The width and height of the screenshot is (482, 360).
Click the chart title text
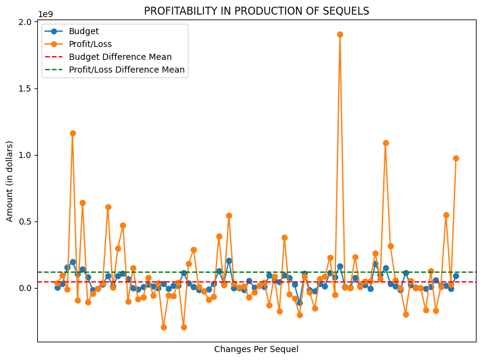coord(256,11)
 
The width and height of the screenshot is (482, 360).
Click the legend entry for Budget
coord(84,32)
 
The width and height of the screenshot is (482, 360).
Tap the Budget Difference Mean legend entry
coord(120,57)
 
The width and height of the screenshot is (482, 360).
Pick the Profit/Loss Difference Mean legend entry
coord(126,70)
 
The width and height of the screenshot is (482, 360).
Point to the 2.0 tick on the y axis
coord(24,22)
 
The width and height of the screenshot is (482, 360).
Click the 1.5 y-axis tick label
coord(24,88)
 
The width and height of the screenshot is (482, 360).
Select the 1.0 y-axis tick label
coord(24,155)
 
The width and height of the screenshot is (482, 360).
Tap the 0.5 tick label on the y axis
coord(24,221)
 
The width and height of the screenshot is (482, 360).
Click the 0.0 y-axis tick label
coord(24,288)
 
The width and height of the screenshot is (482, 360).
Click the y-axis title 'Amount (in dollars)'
coord(10,182)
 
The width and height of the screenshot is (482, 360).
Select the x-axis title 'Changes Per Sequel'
coord(256,350)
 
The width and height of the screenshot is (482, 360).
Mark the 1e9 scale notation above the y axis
coord(45,13)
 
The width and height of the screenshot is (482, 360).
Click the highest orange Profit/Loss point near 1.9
coord(340,34)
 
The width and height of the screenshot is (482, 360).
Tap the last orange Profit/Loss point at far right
coord(456,158)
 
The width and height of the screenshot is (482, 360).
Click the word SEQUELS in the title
coord(348,11)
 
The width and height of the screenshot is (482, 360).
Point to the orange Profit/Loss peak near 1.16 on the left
coord(73,133)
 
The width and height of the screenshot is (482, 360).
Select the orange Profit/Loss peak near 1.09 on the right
coord(386,143)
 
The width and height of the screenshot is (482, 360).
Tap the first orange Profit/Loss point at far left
coord(57,283)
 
